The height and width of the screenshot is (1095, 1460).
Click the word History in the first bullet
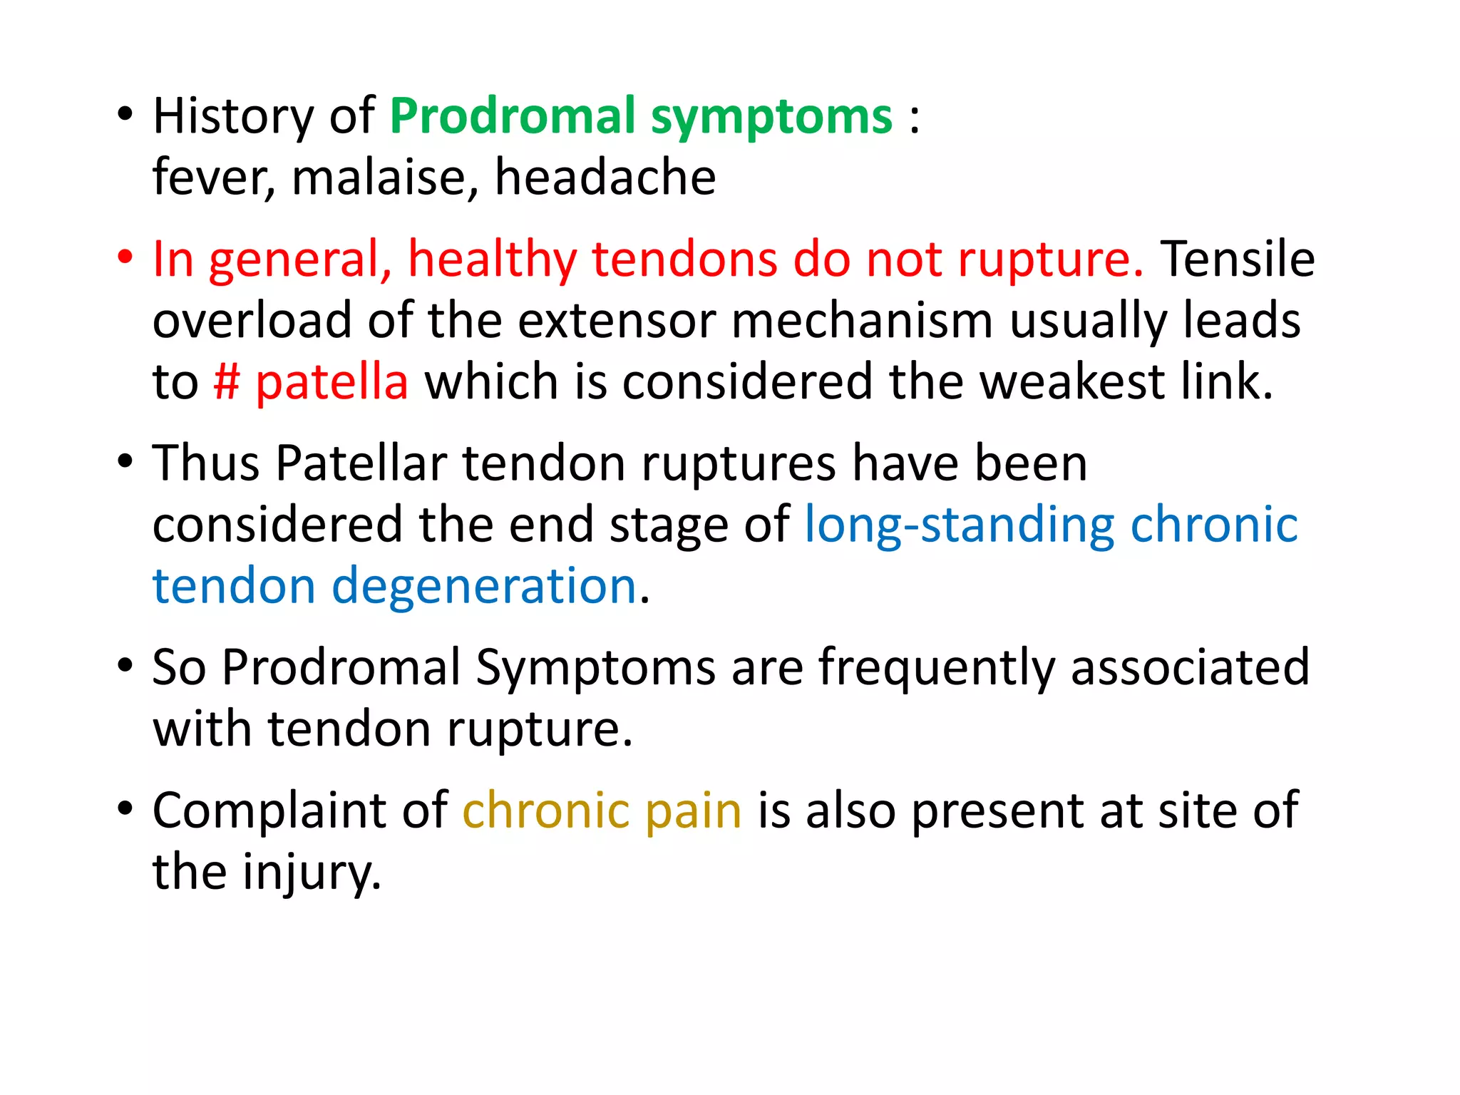(x=232, y=116)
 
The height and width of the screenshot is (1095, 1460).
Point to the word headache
(x=605, y=177)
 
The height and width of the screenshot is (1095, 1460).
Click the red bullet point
(x=125, y=257)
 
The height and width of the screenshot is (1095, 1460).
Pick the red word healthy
(x=492, y=259)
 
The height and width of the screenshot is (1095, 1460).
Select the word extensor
(x=617, y=320)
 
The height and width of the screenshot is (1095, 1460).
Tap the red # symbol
(x=227, y=381)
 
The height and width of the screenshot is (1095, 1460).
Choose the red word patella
(x=332, y=381)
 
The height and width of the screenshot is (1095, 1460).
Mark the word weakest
(x=1072, y=381)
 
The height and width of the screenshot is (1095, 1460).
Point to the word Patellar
(x=361, y=463)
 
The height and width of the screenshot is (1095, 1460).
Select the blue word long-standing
(x=960, y=525)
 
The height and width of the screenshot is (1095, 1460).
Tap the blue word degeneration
(x=484, y=586)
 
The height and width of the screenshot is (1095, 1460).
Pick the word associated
(x=1190, y=667)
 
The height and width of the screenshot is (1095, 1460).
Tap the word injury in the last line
(x=311, y=873)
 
